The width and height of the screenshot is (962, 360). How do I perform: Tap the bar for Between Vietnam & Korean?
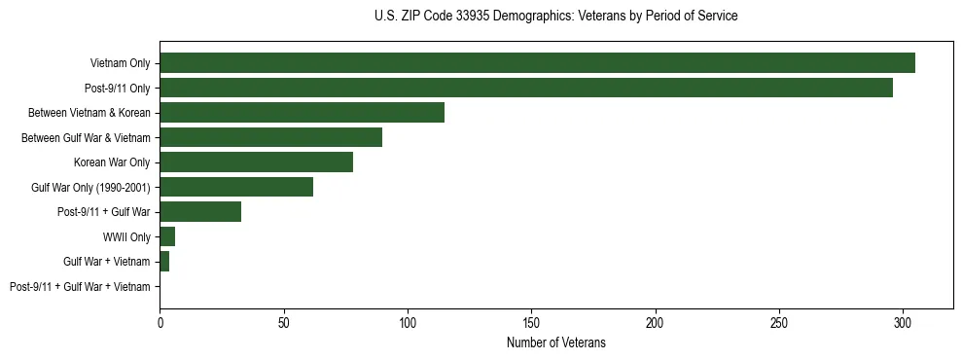(x=302, y=112)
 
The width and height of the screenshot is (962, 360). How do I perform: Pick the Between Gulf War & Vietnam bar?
(x=270, y=137)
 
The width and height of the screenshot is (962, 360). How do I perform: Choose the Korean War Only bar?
(x=256, y=162)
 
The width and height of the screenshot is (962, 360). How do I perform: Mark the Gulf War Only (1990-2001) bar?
(x=236, y=187)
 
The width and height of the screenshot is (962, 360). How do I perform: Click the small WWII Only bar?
(x=167, y=236)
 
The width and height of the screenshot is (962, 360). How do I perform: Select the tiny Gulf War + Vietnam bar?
(x=164, y=261)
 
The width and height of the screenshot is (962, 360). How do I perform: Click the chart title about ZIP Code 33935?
(x=555, y=17)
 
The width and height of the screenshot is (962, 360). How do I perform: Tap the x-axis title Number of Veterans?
(x=555, y=342)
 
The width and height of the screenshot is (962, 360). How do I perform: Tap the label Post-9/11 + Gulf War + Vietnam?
(x=80, y=286)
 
